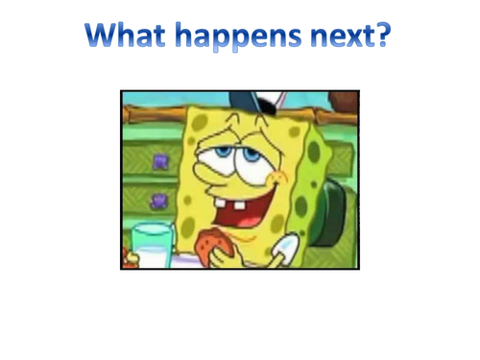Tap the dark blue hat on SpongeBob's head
pos(248,100)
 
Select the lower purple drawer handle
pos(158,200)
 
